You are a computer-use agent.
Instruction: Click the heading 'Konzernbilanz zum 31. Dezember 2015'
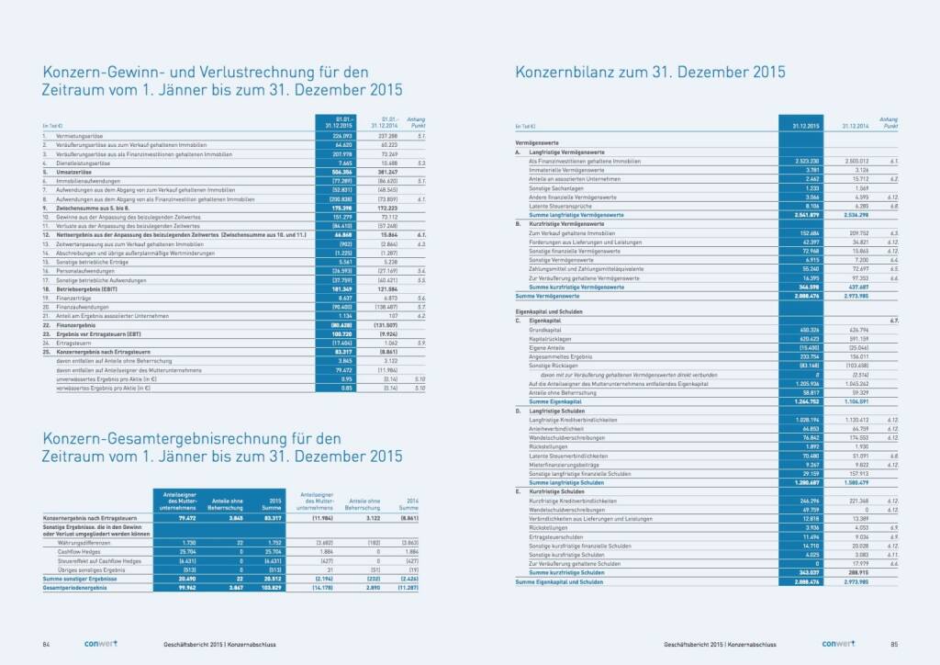pos(650,72)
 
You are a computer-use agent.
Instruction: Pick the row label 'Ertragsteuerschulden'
pos(554,535)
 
